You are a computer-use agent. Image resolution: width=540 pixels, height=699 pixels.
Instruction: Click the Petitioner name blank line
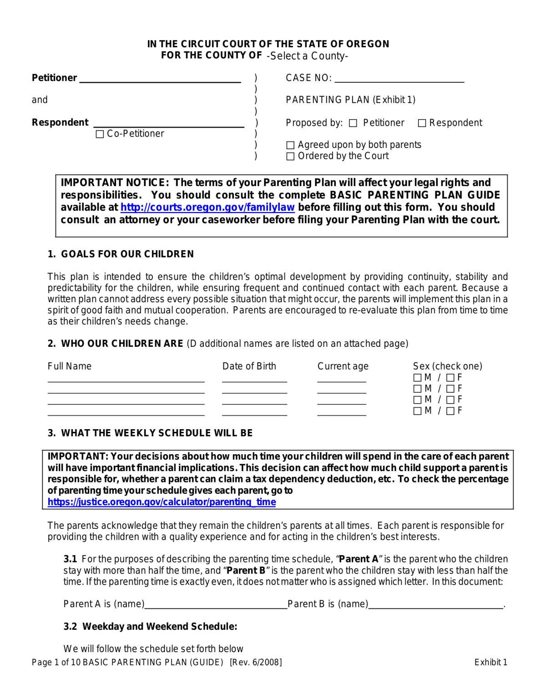(x=160, y=80)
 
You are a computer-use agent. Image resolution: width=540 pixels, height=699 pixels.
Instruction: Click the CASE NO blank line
(x=399, y=79)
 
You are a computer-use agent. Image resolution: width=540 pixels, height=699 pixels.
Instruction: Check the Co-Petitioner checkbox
(x=100, y=134)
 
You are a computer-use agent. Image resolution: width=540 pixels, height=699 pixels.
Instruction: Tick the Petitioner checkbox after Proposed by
(x=353, y=123)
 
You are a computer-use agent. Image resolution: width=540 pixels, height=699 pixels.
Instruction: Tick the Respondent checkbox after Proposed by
(x=422, y=123)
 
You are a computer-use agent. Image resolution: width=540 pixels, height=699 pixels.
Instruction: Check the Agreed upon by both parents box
(x=290, y=145)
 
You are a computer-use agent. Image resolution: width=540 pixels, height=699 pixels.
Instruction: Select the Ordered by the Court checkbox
(x=290, y=157)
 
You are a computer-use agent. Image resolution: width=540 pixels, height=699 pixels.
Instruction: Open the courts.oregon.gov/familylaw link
(x=207, y=208)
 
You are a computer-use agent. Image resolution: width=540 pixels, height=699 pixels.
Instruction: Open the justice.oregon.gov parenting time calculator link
(x=161, y=502)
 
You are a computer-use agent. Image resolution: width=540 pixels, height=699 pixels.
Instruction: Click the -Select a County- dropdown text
(x=307, y=56)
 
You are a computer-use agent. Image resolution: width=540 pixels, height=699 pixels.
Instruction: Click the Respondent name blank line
(x=169, y=124)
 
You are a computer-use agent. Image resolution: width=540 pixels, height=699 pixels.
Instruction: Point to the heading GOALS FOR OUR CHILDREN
(x=127, y=254)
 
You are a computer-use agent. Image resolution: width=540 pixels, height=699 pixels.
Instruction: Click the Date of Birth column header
(x=249, y=366)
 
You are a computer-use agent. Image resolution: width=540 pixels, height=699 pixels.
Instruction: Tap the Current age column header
(x=343, y=366)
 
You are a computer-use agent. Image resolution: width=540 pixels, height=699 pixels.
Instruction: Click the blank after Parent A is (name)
(x=216, y=605)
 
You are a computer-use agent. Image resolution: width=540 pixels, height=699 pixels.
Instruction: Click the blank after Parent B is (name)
(x=435, y=605)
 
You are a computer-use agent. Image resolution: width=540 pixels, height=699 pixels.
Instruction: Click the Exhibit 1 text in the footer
(x=490, y=663)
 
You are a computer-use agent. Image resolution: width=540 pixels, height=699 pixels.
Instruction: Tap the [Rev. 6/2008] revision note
(x=256, y=663)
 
